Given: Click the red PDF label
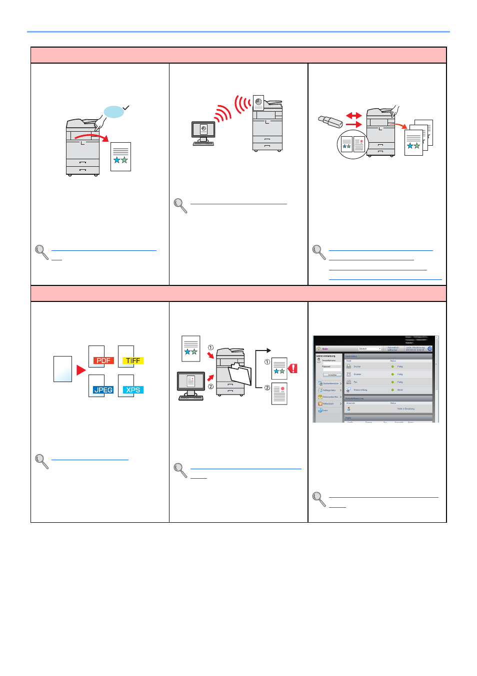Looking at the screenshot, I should pyautogui.click(x=103, y=361).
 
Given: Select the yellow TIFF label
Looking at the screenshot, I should pyautogui.click(x=133, y=361).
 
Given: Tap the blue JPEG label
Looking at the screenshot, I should pyautogui.click(x=103, y=390).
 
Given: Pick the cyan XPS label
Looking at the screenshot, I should pyautogui.click(x=133, y=390).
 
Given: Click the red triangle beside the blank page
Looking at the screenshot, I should pyautogui.click(x=81, y=370).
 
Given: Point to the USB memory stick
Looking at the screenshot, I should pyautogui.click(x=330, y=122).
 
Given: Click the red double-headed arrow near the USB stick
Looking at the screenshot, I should pyautogui.click(x=353, y=115).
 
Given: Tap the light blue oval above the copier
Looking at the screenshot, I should pyautogui.click(x=114, y=112).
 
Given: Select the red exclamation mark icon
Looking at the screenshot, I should pyautogui.click(x=293, y=369).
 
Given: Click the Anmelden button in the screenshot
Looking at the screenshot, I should pyautogui.click(x=332, y=375).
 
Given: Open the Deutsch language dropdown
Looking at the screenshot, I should pyautogui.click(x=369, y=349).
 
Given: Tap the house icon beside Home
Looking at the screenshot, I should pyautogui.click(x=318, y=349).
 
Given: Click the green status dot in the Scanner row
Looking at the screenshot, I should pyautogui.click(x=392, y=374).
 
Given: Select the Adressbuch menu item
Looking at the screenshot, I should pyautogui.click(x=328, y=404).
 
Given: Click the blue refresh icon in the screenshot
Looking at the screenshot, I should pyautogui.click(x=429, y=349).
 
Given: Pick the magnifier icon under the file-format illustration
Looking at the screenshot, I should pyautogui.click(x=41, y=461).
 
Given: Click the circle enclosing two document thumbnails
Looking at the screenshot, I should pyautogui.click(x=353, y=144).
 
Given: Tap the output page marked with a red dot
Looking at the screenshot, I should pyautogui.click(x=279, y=394).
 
